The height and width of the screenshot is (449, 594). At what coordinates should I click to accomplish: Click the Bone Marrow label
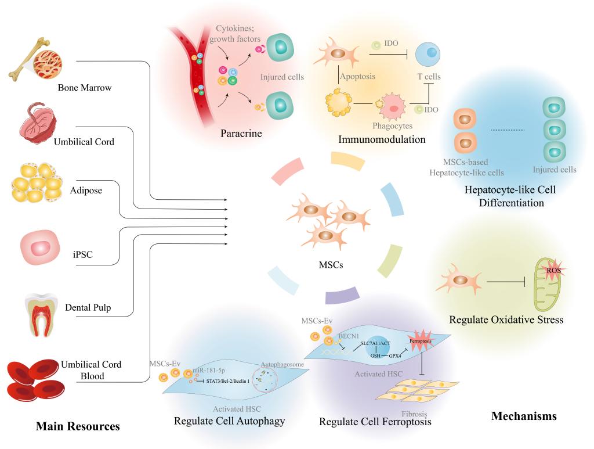coord(84,88)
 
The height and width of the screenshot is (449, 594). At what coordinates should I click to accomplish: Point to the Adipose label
coord(86,190)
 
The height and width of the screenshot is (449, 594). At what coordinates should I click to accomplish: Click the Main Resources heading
coord(78,426)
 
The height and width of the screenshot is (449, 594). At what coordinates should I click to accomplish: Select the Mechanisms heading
coord(524,416)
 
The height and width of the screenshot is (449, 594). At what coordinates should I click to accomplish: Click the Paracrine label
coord(241,134)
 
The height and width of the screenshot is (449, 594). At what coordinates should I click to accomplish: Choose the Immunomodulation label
coord(382,139)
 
